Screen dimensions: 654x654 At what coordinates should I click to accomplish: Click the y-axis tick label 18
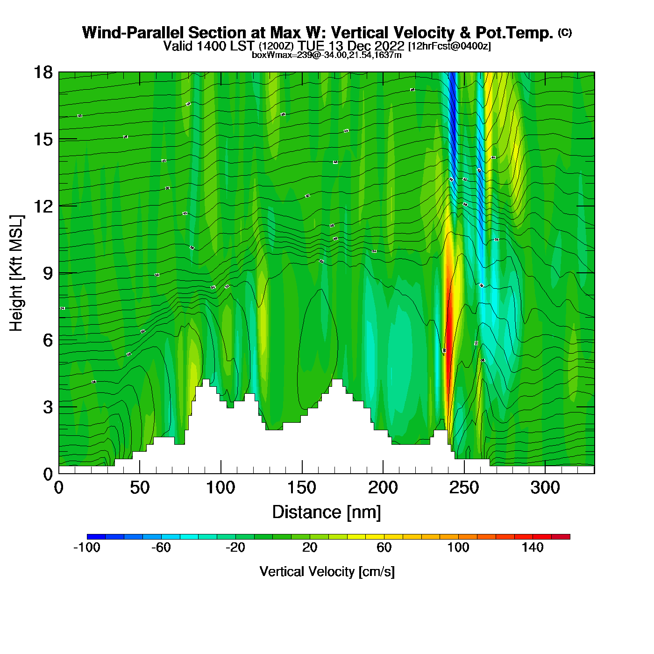pos(43,72)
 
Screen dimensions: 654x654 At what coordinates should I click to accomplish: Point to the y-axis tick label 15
pos(43,139)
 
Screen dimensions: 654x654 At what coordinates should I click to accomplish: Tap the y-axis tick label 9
pos(48,273)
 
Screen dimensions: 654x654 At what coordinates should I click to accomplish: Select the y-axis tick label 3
pos(48,407)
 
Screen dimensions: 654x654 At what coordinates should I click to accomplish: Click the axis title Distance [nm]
pos(327,512)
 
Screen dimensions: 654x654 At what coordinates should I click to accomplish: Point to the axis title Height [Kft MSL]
pos(16,273)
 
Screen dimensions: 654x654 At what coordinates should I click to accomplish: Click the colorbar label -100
pos(87,547)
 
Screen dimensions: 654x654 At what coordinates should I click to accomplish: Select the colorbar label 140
pos(533,547)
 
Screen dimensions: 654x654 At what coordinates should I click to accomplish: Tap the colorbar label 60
pos(384,547)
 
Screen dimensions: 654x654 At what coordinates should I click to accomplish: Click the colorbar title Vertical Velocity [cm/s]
pos(327,572)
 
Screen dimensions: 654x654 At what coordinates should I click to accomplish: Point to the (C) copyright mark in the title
pos(565,32)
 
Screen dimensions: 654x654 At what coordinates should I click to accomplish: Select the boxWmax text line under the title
pos(327,55)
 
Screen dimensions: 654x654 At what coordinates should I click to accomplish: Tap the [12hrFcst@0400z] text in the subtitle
pos(449,46)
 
